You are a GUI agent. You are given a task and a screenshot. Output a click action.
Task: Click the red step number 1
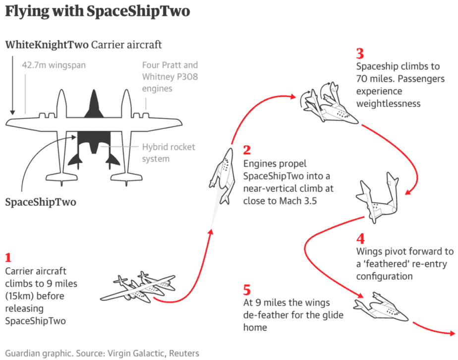(8, 257)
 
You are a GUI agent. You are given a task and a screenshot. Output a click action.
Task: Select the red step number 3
(360, 54)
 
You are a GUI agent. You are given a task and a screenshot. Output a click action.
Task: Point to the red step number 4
(361, 239)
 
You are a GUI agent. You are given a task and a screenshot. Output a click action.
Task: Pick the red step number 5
(247, 290)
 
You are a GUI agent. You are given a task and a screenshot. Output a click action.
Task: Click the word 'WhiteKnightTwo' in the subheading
(47, 45)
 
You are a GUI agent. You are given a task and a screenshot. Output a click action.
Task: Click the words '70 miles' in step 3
(373, 79)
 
